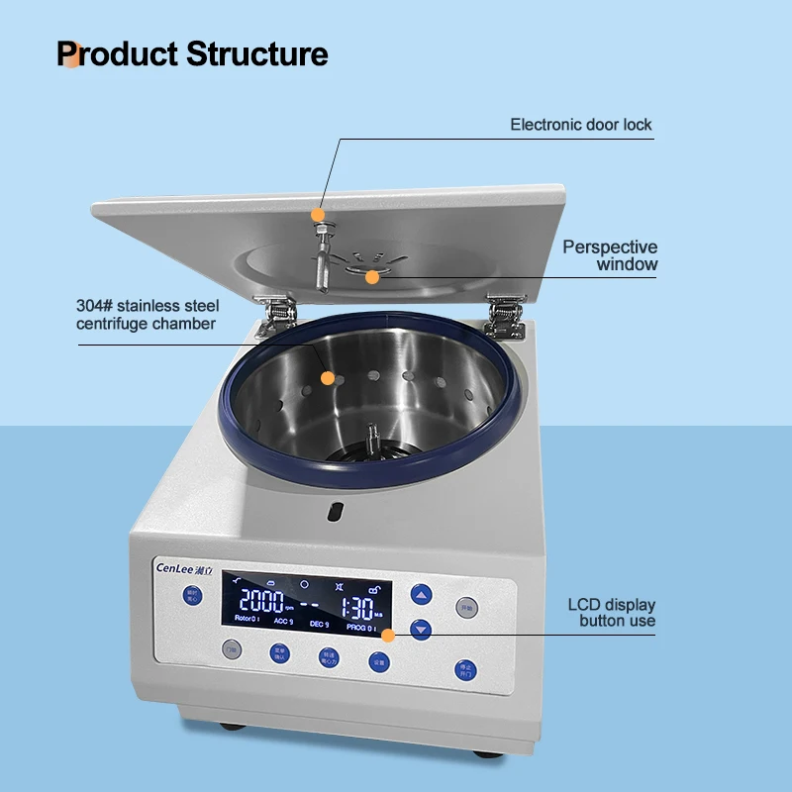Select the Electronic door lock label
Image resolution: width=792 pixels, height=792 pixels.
pos(581,125)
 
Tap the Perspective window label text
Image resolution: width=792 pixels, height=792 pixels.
pos(610,255)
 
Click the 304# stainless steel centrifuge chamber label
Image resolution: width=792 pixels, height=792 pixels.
pos(148,315)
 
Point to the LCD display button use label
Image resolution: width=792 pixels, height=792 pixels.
pos(611,613)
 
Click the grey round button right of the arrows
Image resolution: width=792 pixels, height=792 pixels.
pos(466,606)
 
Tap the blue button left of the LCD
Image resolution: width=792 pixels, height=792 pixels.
pos(192,595)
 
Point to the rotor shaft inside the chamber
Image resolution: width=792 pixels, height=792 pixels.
pos(374,436)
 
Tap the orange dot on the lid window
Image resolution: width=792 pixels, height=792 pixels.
pos(372,277)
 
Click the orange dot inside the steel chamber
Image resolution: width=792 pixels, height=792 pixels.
pos(328,377)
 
